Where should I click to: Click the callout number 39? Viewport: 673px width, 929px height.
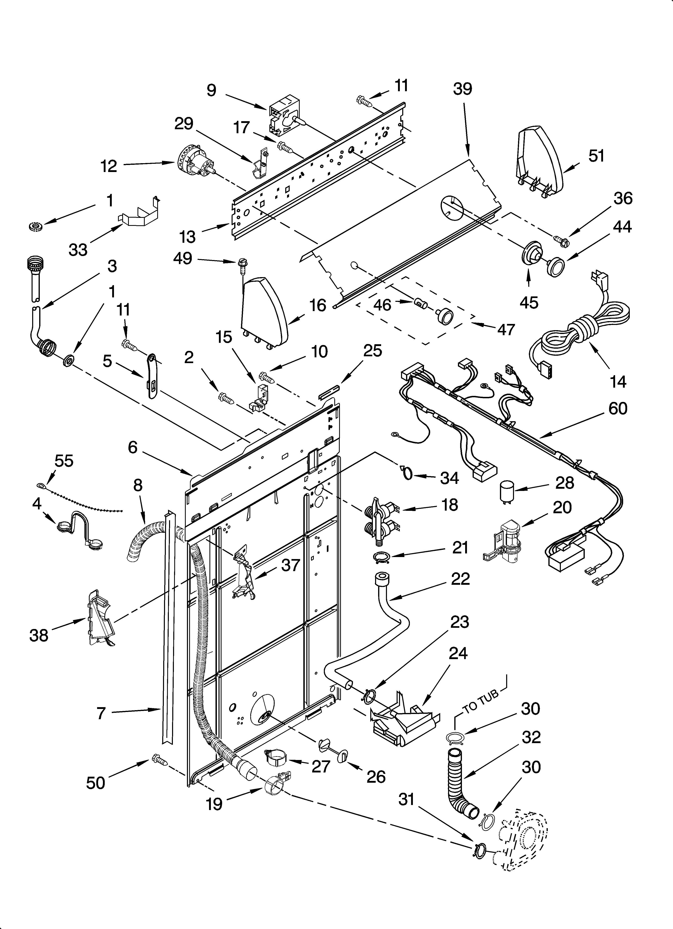click(463, 89)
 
